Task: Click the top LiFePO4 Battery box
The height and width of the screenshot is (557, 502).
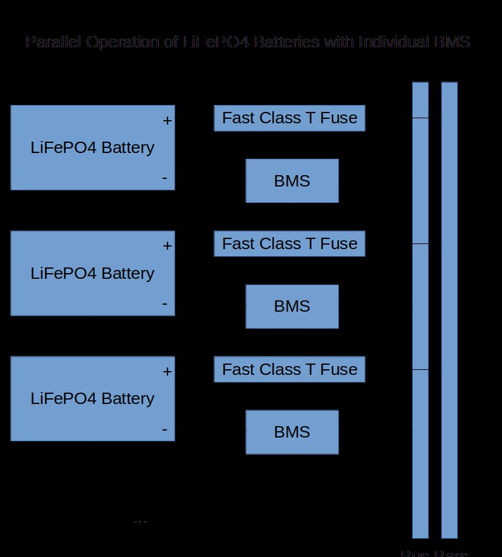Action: tap(92, 147)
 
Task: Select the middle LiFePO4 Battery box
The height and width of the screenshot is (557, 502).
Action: tap(92, 273)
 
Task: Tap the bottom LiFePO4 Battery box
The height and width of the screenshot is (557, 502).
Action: tap(92, 398)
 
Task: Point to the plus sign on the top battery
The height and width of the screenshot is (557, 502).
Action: tap(167, 120)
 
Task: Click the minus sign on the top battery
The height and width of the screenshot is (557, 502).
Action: tap(165, 178)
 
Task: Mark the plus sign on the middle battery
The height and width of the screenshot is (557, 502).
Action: tap(167, 245)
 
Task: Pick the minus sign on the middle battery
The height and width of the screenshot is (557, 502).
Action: tap(165, 303)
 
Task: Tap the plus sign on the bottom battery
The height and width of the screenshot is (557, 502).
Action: tap(167, 371)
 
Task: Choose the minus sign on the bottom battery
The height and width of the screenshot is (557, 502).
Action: tap(165, 429)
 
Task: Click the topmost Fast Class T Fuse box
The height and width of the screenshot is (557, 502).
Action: tap(290, 118)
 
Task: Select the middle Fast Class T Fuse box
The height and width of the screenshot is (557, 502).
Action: tap(290, 243)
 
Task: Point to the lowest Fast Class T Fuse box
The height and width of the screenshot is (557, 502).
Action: tap(290, 369)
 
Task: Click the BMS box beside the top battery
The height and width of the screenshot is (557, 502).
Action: tap(292, 181)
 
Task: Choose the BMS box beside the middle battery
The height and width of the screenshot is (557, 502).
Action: tap(292, 306)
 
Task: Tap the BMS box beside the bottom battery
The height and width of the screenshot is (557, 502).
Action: tap(292, 432)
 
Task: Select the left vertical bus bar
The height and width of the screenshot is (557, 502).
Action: tap(420, 310)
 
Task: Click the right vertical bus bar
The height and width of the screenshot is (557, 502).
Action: tap(449, 310)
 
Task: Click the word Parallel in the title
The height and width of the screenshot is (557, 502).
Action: tap(54, 42)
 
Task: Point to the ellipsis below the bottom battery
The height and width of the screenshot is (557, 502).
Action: tap(140, 521)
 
